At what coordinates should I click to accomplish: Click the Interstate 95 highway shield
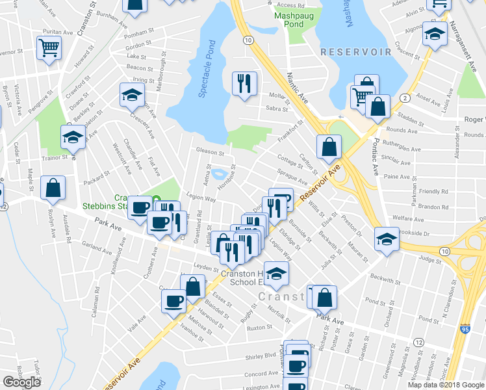(x=465, y=330)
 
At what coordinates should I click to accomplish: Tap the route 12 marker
(x=419, y=342)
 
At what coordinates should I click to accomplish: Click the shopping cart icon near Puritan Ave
(x=49, y=48)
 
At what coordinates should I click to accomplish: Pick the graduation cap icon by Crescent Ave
(x=132, y=95)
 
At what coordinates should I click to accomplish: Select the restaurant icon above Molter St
(x=244, y=83)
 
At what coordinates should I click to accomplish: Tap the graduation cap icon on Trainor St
(x=73, y=137)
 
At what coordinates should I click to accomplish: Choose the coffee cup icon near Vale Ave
(x=173, y=300)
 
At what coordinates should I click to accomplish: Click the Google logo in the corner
(x=21, y=382)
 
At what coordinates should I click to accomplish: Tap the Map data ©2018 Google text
(x=446, y=385)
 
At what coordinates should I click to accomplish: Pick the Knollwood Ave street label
(x=119, y=258)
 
